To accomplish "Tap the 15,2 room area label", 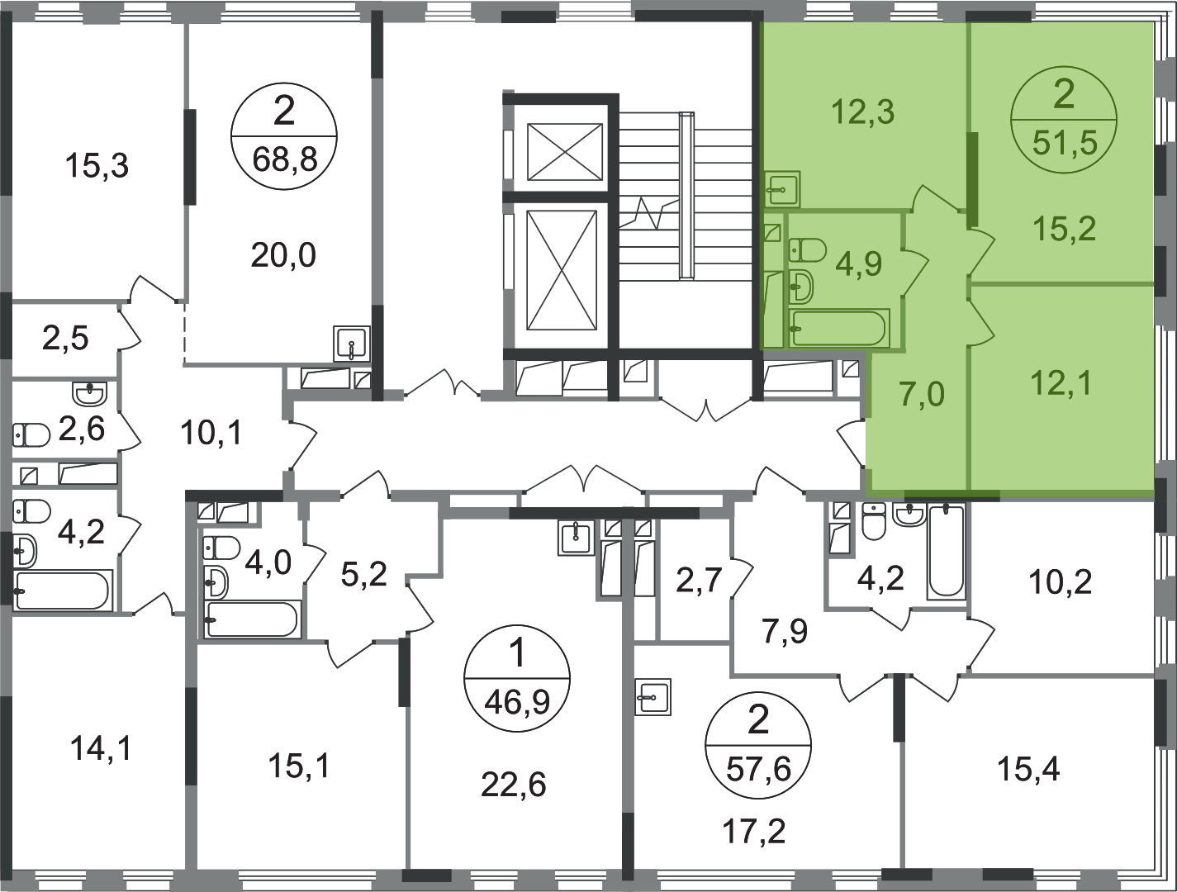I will pyautogui.click(x=1064, y=229).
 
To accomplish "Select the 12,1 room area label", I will pyautogui.click(x=1061, y=383).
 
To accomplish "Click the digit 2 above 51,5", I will pyautogui.click(x=1064, y=97).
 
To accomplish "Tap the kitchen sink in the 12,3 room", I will pyautogui.click(x=781, y=188).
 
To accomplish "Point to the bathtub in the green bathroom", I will pyautogui.click(x=838, y=330).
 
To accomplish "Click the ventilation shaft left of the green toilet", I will pyautogui.click(x=772, y=234).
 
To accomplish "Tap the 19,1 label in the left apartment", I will pyautogui.click(x=212, y=432).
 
